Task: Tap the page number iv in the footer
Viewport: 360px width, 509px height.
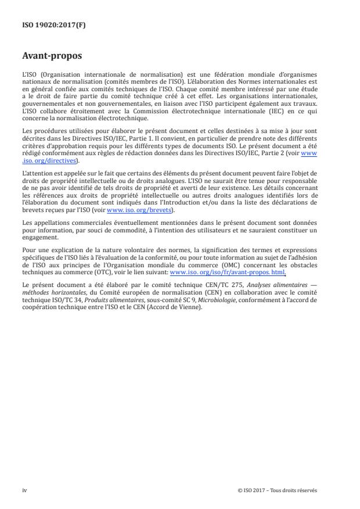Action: click(x=25, y=490)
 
